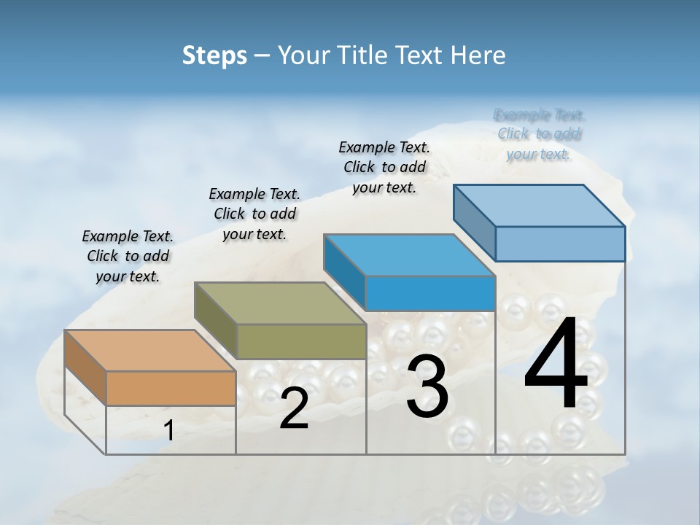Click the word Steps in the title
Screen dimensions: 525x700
point(214,55)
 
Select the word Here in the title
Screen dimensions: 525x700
point(478,55)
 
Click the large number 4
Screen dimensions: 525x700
point(556,365)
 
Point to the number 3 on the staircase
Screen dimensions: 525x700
point(427,386)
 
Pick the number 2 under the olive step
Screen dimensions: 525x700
point(294,408)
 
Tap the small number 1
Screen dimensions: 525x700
point(169,431)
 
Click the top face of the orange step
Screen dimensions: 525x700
point(149,351)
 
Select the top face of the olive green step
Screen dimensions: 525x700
point(279,303)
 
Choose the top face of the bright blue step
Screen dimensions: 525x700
point(409,255)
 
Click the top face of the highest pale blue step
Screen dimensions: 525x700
point(539,206)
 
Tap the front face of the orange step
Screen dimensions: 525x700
point(171,388)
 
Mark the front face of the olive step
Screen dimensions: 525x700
point(301,341)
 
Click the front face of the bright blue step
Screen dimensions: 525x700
point(430,294)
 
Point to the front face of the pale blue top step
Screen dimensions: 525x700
point(560,244)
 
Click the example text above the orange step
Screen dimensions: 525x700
point(128,256)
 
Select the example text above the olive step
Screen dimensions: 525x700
point(254,214)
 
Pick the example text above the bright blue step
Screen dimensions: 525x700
point(384,167)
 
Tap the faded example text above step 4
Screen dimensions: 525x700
point(539,134)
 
